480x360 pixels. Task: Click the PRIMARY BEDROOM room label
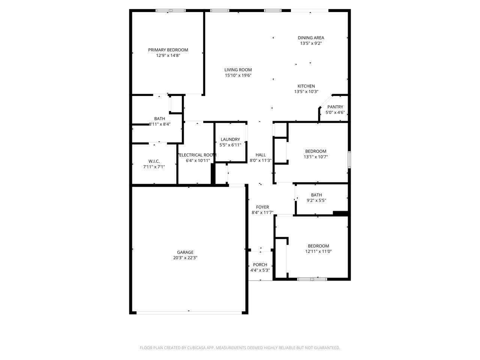(168, 50)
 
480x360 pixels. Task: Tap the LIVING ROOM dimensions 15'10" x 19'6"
(238, 75)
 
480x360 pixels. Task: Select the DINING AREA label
(311, 37)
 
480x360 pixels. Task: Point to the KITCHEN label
(306, 86)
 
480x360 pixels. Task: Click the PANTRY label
(335, 107)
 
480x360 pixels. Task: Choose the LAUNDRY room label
(230, 139)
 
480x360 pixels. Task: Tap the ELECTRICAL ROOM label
(198, 155)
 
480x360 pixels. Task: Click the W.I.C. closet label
(154, 161)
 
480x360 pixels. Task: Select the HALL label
(261, 155)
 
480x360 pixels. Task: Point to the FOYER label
(262, 207)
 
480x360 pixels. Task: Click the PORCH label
(260, 265)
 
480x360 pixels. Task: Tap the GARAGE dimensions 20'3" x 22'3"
(185, 258)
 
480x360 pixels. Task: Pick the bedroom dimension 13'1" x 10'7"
(316, 157)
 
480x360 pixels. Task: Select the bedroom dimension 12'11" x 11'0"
(318, 252)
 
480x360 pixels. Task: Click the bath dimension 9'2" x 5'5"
(316, 200)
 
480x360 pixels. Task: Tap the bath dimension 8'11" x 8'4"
(160, 124)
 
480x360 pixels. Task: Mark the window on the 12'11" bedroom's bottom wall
(312, 279)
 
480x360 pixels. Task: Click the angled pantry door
(325, 102)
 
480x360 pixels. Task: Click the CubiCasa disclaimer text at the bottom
(240, 348)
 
